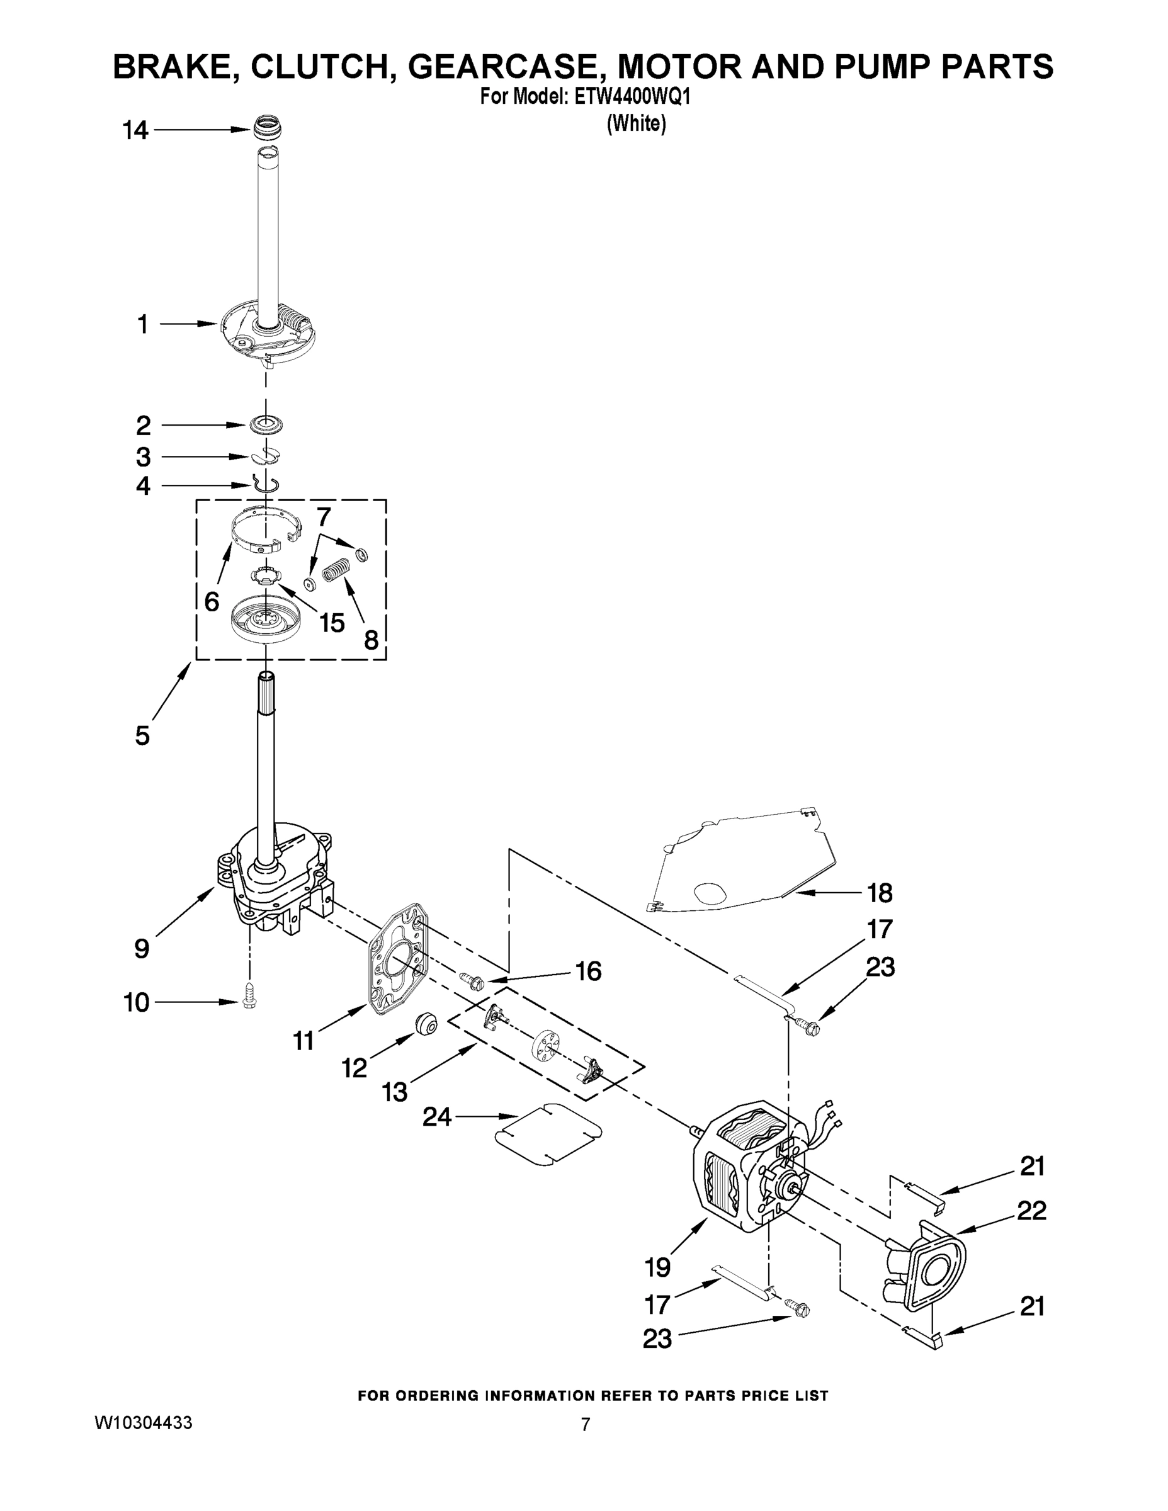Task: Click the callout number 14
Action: tap(135, 130)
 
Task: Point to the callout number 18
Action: tap(880, 893)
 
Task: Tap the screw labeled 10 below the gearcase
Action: tap(249, 1001)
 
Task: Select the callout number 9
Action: tap(141, 949)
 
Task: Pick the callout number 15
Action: tap(331, 623)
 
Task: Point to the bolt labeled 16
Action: tap(475, 980)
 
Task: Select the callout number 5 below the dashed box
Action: tap(142, 735)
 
